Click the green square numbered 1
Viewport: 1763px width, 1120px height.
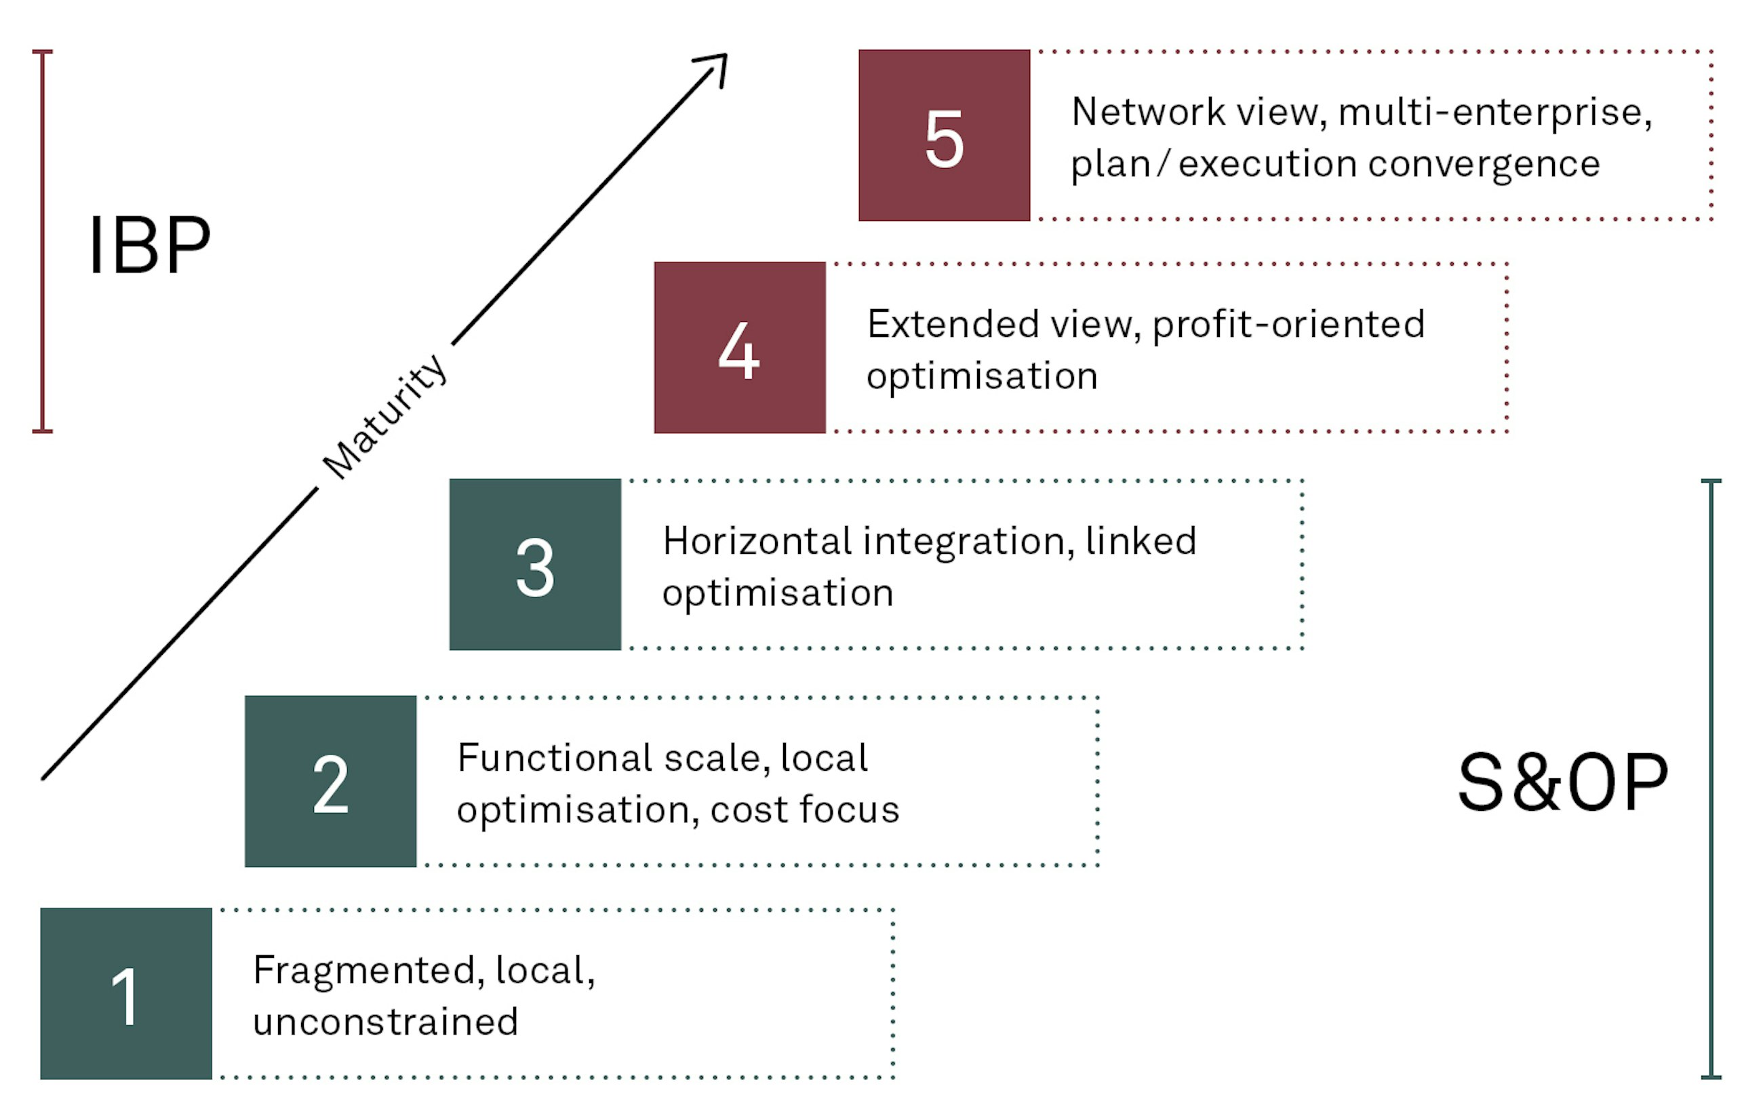(x=126, y=993)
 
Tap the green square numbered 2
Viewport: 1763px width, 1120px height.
(x=330, y=781)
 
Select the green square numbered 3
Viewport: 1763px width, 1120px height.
(x=534, y=564)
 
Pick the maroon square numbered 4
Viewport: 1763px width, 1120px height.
(x=740, y=348)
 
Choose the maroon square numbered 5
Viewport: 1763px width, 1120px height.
(x=944, y=136)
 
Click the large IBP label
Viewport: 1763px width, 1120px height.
(x=150, y=245)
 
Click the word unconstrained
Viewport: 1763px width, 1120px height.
(x=385, y=1022)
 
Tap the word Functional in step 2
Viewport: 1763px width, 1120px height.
(x=554, y=759)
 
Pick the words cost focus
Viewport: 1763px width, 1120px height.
(x=804, y=809)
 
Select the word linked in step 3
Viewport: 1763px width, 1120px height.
(x=1141, y=542)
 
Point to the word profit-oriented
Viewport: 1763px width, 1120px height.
(x=1288, y=325)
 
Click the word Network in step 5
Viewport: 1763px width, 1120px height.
(x=1148, y=113)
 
